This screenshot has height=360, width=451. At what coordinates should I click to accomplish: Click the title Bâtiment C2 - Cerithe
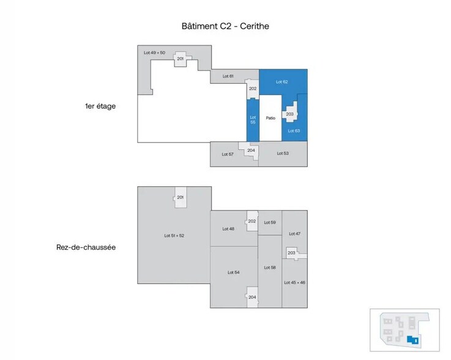[225, 26]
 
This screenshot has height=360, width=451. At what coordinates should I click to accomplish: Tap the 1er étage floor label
[100, 106]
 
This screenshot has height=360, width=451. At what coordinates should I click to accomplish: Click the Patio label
[270, 118]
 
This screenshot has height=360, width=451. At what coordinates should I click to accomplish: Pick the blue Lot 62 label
[281, 81]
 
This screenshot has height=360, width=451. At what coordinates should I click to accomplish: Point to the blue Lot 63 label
[294, 131]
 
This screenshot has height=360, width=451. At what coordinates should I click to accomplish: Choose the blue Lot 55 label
[253, 119]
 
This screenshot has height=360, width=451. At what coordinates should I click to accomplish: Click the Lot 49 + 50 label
[154, 53]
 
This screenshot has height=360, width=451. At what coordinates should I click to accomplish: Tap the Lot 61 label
[228, 76]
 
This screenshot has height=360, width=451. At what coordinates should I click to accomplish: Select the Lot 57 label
[227, 154]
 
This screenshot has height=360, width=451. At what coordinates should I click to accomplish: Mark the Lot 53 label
[282, 153]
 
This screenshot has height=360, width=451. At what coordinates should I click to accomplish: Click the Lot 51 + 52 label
[174, 235]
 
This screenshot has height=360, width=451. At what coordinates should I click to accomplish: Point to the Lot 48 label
[228, 228]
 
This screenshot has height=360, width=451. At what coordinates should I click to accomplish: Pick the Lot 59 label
[270, 222]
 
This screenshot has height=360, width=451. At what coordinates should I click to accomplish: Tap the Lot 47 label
[294, 233]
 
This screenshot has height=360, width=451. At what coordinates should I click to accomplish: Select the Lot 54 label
[233, 272]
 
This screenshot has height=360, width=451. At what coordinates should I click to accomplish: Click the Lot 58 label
[270, 268]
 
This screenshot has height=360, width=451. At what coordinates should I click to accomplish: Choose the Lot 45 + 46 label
[294, 282]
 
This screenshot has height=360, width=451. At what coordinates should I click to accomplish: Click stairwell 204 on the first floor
[251, 151]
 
